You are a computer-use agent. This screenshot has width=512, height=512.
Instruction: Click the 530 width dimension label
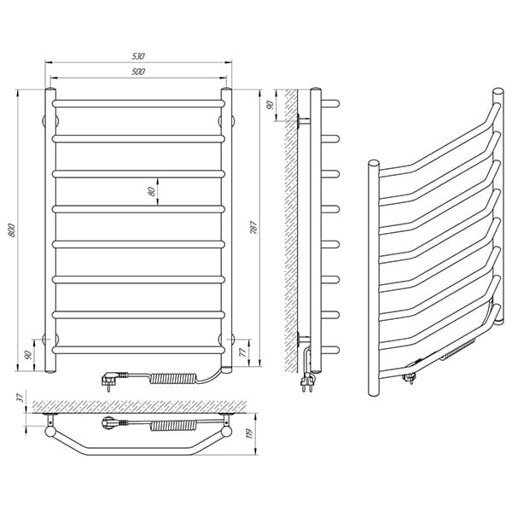point(138,56)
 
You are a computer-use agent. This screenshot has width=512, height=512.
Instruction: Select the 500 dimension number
point(138,72)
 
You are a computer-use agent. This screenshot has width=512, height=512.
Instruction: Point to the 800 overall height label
point(12,230)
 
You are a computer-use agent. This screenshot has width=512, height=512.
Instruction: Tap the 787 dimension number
point(253,228)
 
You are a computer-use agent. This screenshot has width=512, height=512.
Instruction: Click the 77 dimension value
point(242,353)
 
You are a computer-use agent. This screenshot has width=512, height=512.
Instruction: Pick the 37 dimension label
point(20,398)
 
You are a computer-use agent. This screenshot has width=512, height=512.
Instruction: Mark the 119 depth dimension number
point(250,433)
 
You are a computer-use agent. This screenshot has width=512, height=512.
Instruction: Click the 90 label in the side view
point(270,105)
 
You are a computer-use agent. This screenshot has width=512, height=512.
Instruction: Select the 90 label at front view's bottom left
point(28,355)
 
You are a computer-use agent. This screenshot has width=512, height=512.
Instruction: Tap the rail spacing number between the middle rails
point(151,191)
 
